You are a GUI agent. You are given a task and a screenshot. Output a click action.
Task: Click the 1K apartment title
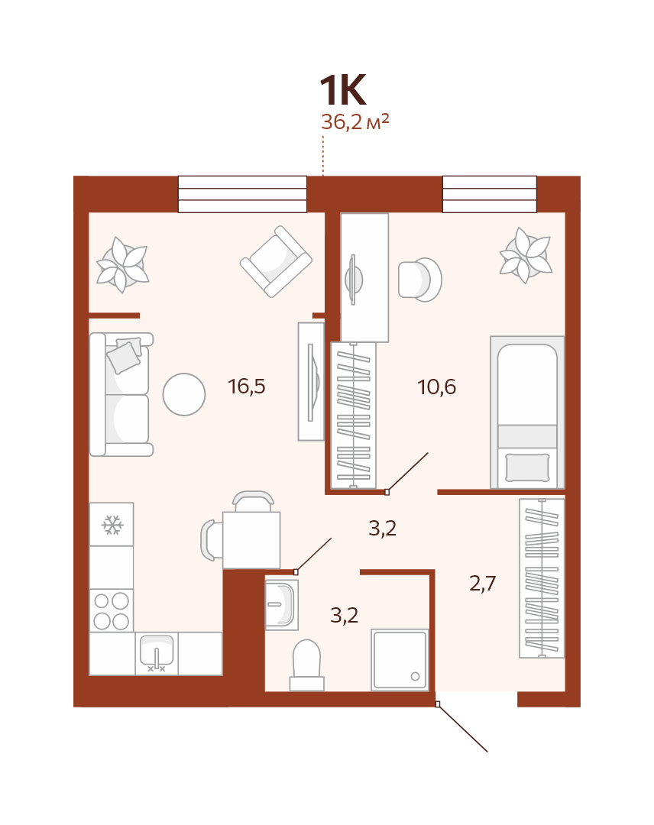click(342, 90)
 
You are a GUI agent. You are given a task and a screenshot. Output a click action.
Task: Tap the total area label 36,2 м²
click(355, 122)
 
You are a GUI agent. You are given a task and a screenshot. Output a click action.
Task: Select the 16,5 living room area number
click(247, 387)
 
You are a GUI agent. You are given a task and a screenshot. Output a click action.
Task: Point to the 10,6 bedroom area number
click(437, 387)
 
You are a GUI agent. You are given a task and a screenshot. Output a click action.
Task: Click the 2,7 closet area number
click(482, 583)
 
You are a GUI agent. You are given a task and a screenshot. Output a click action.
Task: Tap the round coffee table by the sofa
click(183, 395)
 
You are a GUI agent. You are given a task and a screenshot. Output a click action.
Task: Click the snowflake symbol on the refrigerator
click(112, 525)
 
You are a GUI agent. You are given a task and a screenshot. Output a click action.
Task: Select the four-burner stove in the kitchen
click(111, 610)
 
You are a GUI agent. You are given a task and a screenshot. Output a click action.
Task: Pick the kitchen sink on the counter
click(157, 653)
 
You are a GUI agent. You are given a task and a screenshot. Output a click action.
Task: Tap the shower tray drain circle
click(415, 677)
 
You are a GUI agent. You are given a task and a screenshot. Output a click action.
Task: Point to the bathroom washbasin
click(281, 604)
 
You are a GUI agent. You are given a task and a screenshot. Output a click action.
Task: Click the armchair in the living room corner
click(276, 261)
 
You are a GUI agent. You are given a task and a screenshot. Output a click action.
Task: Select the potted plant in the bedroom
click(526, 256)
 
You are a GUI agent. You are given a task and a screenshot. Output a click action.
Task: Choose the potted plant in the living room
click(123, 265)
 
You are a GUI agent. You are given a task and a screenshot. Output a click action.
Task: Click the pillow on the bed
click(527, 467)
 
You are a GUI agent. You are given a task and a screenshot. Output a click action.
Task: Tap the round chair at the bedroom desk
click(420, 280)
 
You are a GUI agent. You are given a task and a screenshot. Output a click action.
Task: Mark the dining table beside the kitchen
click(251, 540)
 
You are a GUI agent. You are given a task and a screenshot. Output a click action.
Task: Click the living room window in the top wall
click(242, 194)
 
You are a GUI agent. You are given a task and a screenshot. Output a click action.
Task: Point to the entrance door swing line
click(462, 728)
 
